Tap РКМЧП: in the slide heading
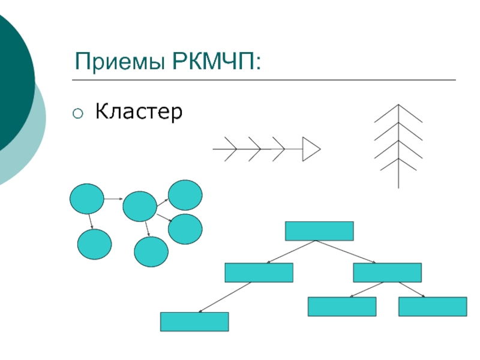217,62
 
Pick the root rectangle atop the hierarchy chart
319,231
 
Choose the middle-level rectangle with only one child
259,272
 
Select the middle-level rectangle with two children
387,272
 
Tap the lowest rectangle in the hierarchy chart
194,322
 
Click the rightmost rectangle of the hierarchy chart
433,307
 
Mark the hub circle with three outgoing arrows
140,206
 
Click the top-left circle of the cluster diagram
87,199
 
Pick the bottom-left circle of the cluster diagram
94,245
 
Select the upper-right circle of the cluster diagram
185,195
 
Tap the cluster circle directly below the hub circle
151,252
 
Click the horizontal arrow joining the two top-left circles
113,198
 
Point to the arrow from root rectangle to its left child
292,251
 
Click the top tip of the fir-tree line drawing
398,105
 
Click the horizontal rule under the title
264,80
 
